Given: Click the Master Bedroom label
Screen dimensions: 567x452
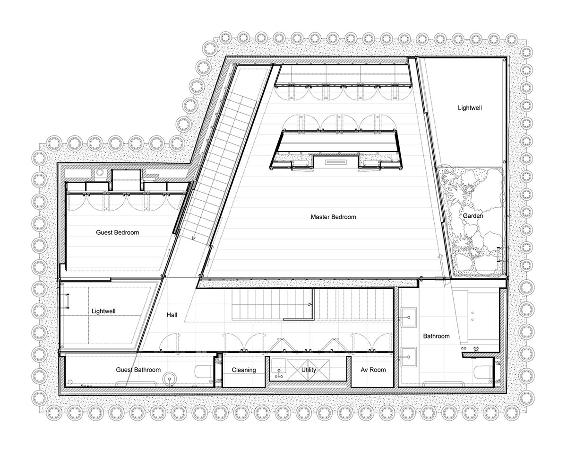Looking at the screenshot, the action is click(x=333, y=217).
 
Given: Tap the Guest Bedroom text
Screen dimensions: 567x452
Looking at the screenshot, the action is click(x=117, y=232).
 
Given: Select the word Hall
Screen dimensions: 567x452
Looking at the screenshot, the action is click(x=172, y=315).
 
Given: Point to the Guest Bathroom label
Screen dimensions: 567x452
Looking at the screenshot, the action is click(x=138, y=370).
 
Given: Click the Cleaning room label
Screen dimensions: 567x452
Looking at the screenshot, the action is click(x=244, y=370).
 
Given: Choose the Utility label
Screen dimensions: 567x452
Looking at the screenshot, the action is click(x=309, y=370).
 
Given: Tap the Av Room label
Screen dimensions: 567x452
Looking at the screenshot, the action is click(x=373, y=370).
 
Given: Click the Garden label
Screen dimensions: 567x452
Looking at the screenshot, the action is click(x=473, y=216).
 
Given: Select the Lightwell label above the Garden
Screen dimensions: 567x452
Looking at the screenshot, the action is click(x=470, y=108).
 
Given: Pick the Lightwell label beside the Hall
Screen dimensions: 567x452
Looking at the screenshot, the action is click(x=103, y=311).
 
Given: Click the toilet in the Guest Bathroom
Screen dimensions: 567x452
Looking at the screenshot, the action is click(x=203, y=371).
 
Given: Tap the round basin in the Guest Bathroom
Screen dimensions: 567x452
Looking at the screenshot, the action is click(x=170, y=379).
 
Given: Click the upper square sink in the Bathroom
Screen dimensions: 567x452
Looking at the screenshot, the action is click(x=408, y=317).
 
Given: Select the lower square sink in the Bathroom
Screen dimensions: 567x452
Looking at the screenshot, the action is click(x=408, y=357).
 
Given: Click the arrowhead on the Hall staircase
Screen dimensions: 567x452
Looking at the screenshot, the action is click(x=310, y=304).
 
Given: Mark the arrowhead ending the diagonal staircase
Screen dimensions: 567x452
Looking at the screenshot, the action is click(x=194, y=238).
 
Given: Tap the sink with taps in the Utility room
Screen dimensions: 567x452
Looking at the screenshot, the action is click(x=279, y=369).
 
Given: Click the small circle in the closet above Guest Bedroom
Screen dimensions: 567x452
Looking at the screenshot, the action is click(x=100, y=173).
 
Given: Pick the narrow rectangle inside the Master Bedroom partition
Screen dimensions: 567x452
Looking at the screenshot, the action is click(x=336, y=162).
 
